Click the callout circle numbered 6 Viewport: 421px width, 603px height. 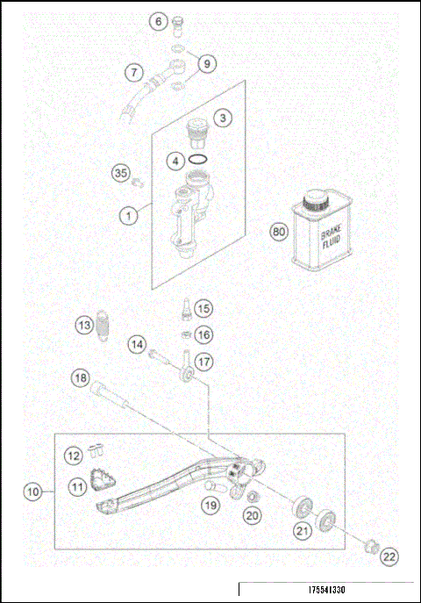[x=158, y=20]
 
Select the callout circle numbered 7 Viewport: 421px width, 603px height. [x=132, y=73]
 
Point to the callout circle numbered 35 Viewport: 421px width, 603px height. [x=121, y=173]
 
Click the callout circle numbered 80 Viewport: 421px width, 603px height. [x=279, y=233]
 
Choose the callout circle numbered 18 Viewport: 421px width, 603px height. [x=80, y=379]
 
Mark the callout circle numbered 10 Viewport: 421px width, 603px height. [x=33, y=492]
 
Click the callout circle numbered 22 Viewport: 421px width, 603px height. [x=389, y=555]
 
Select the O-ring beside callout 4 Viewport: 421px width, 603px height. [x=199, y=161]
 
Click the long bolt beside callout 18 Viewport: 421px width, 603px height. [x=114, y=393]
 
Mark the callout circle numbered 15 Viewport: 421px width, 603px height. [x=203, y=308]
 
